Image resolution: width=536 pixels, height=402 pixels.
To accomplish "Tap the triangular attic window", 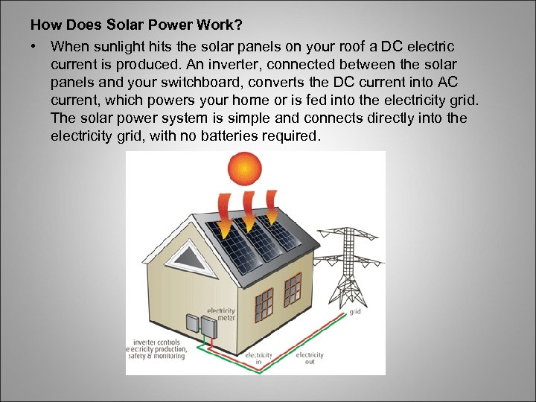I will click(185, 255).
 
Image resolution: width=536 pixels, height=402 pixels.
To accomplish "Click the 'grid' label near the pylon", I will click(356, 312).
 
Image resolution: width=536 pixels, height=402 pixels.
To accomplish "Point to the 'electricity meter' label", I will click(221, 315).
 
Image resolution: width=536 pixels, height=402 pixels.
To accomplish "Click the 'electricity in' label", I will click(258, 359).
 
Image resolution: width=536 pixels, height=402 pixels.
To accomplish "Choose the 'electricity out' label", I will click(310, 359).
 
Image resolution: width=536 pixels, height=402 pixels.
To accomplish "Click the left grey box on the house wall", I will click(191, 324).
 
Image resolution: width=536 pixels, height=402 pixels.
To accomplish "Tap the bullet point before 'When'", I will click(34, 46).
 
